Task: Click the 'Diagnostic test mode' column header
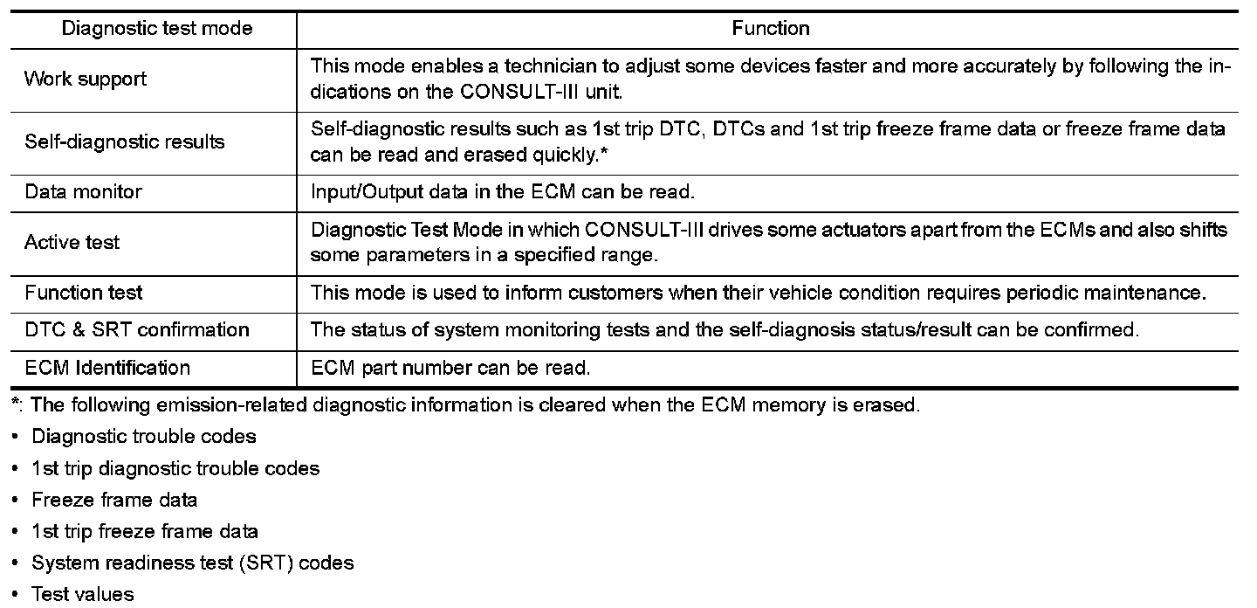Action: click(x=157, y=29)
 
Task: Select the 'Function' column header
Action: click(x=771, y=29)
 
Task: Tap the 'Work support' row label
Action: click(x=86, y=79)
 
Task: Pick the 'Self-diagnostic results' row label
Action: click(x=125, y=142)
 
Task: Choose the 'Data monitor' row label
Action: click(x=83, y=191)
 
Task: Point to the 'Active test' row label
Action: click(x=72, y=242)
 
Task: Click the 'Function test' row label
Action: click(x=84, y=292)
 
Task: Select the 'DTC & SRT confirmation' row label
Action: click(x=137, y=329)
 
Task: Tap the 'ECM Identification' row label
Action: click(x=107, y=367)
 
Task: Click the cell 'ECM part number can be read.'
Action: click(x=451, y=368)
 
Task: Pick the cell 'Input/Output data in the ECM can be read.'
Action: click(x=502, y=191)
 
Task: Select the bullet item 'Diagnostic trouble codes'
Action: click(x=144, y=436)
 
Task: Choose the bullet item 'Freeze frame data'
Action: click(x=114, y=500)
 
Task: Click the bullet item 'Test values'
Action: click(x=83, y=595)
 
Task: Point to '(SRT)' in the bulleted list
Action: click(x=267, y=563)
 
